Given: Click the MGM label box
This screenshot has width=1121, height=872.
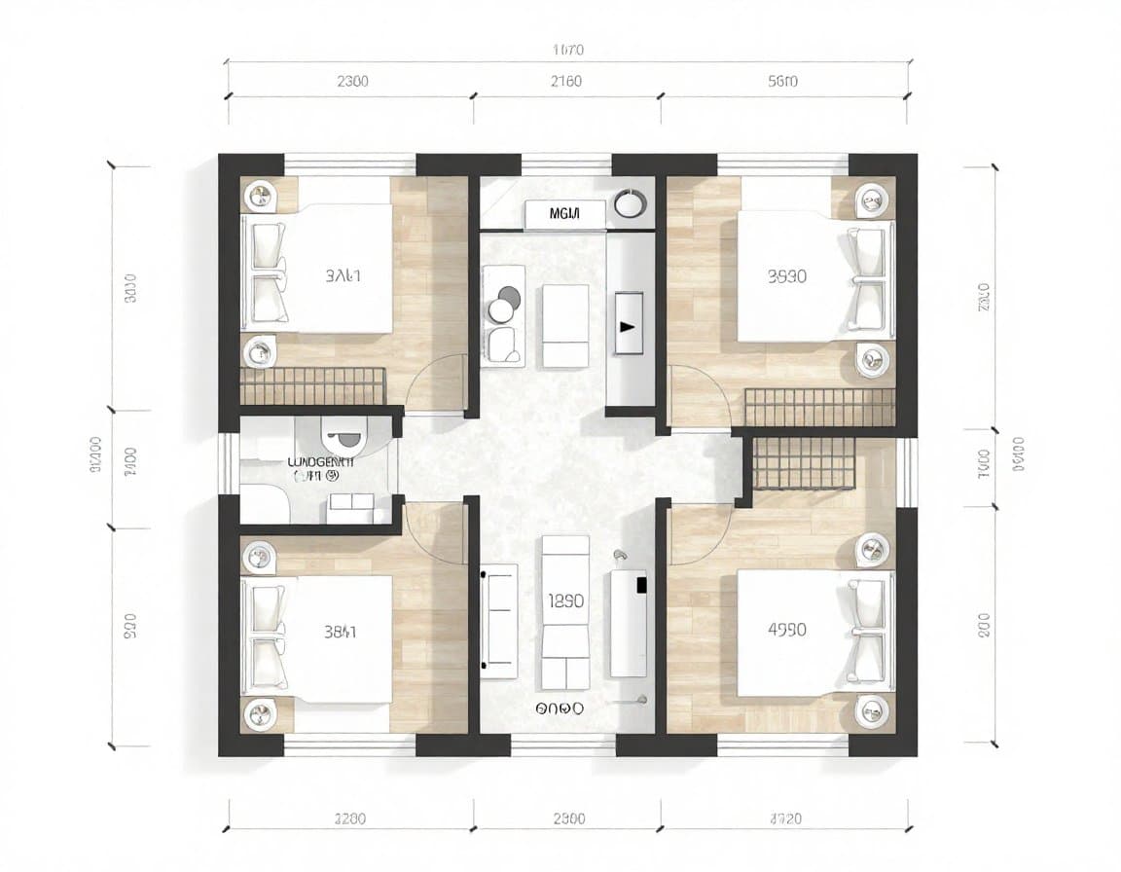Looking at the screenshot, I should pos(564,213).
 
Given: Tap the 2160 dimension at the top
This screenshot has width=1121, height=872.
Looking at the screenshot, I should pos(565,82).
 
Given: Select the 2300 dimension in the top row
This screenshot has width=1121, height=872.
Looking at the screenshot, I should pos(352,82).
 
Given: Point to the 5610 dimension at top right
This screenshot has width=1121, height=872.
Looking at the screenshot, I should pos(782,82).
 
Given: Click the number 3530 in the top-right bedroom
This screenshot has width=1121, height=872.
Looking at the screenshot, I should pos(786,276).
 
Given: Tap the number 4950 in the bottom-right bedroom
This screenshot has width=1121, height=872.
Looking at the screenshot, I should pos(786,630).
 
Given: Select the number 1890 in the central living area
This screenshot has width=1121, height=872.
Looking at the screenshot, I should pos(565,601).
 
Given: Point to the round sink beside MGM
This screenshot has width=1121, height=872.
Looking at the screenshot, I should pos(631,204).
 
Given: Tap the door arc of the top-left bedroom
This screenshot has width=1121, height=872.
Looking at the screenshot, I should pos(436,383).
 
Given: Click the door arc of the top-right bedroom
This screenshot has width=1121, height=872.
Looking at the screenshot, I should pos(699,394).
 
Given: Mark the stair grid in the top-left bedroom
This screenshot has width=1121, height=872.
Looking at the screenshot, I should pos(312,385).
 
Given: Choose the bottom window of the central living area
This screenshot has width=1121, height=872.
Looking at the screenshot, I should pos(563,745).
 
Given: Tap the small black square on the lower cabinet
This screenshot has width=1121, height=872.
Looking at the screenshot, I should pos(641,584).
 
